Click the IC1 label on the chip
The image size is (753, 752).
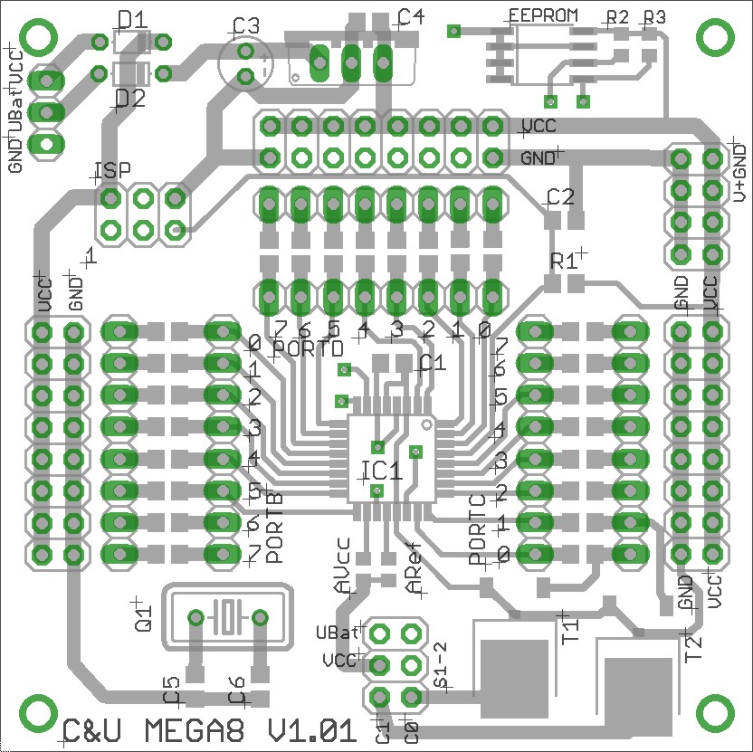(381, 471)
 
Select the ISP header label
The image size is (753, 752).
(112, 170)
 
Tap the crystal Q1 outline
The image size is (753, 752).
(227, 618)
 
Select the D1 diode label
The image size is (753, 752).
(132, 17)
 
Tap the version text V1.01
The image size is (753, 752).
(308, 730)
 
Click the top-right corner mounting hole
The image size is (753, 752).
(714, 37)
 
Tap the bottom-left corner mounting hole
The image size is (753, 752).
(37, 714)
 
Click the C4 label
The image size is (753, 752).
(410, 17)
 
